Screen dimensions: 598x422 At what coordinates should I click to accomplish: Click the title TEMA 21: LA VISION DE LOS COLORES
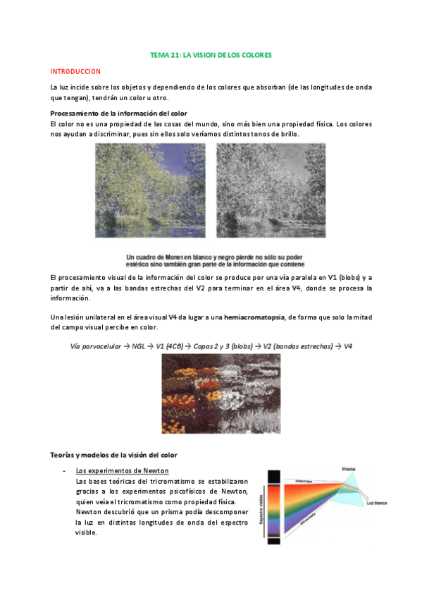tap(211, 54)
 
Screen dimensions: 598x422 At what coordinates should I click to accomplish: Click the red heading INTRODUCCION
tap(75, 72)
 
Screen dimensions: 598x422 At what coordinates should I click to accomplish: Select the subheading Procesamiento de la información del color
tap(118, 114)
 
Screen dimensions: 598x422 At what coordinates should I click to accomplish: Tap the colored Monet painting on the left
tap(151, 191)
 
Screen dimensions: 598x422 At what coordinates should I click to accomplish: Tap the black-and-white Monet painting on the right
tap(271, 191)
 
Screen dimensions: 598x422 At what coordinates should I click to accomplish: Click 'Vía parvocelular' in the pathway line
tap(96, 346)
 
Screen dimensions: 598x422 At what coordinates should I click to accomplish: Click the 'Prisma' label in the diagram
tap(348, 469)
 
